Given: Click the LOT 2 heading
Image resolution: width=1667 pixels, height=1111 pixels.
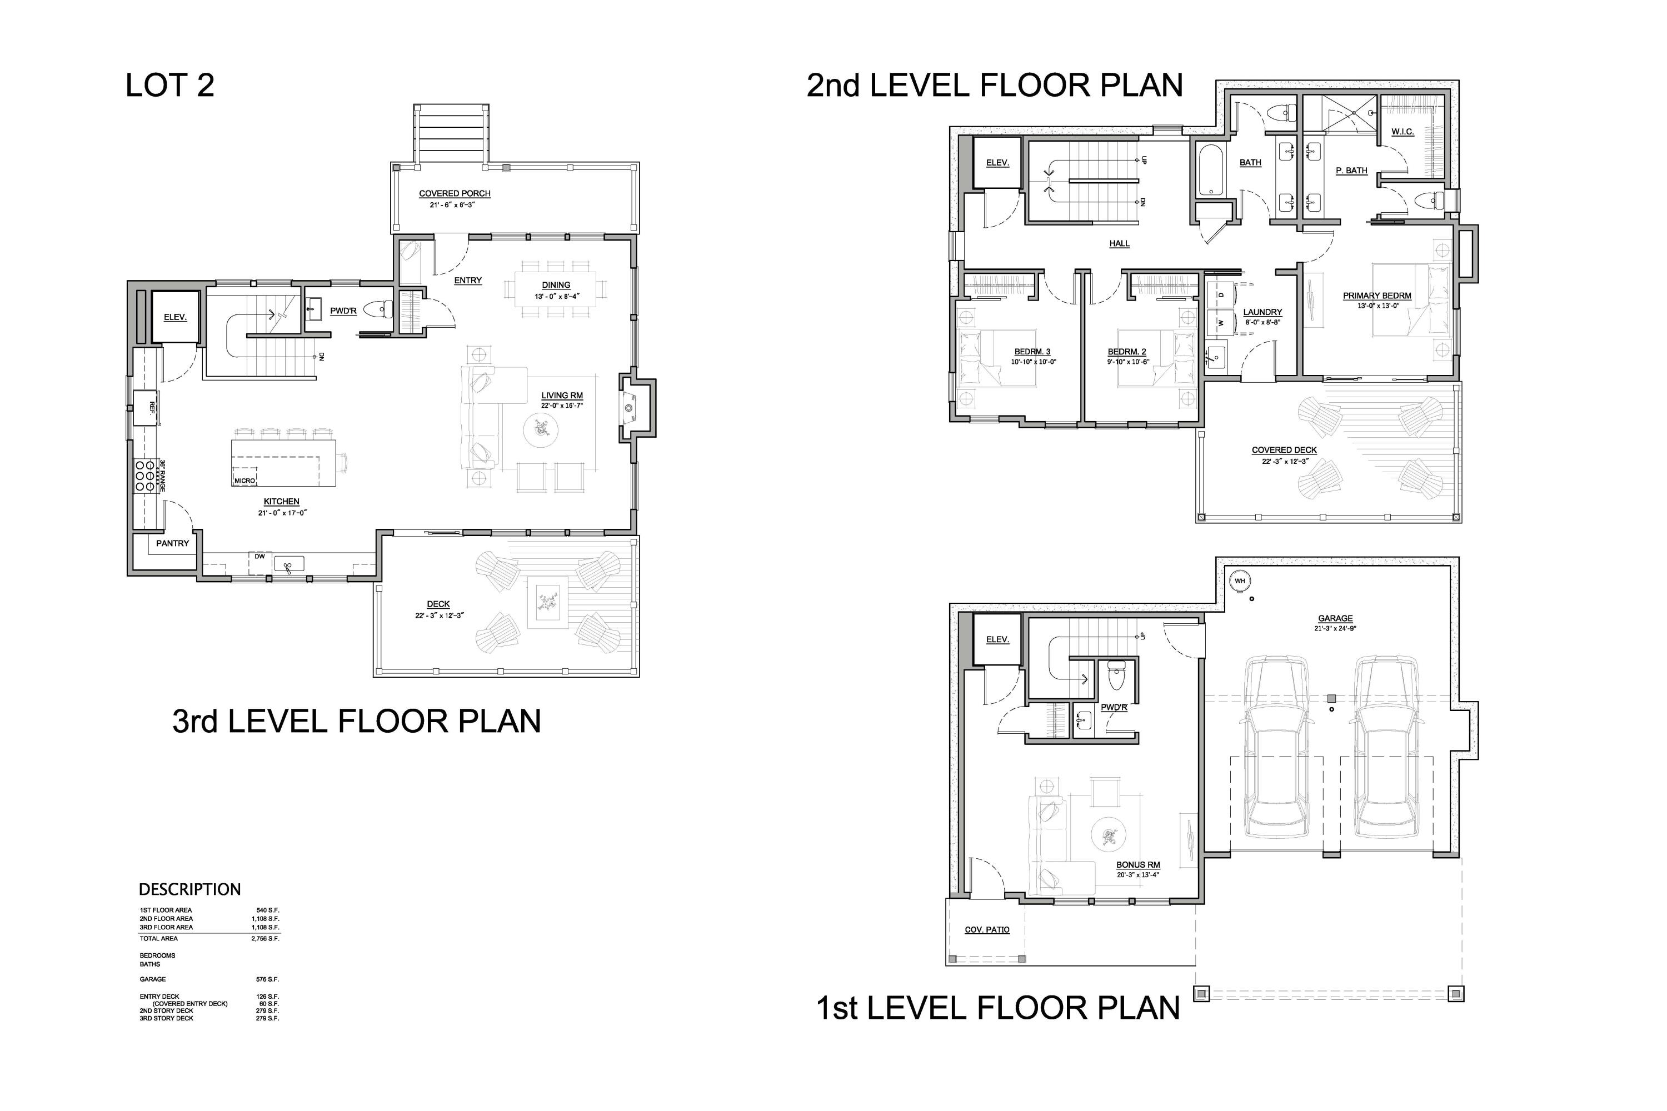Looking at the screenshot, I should click(x=169, y=86).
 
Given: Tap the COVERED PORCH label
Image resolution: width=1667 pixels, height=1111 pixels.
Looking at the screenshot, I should click(x=455, y=193).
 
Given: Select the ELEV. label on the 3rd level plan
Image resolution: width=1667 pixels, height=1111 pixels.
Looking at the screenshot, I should click(x=175, y=317).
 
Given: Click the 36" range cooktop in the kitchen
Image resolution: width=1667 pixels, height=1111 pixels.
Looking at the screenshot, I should click(x=144, y=476).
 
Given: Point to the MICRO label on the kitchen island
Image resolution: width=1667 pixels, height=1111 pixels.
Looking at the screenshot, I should click(x=244, y=481).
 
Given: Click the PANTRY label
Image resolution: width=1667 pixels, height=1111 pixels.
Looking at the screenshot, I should click(x=172, y=543).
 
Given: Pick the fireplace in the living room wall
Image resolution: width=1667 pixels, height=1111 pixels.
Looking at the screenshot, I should click(x=628, y=408).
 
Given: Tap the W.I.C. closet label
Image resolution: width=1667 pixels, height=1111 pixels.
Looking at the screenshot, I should click(x=1402, y=132).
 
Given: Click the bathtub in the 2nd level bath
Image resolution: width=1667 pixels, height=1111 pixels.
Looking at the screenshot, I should click(x=1210, y=170).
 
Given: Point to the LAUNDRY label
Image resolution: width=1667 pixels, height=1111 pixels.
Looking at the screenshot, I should click(x=1262, y=312).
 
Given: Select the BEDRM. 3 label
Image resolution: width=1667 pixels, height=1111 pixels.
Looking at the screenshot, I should click(x=1032, y=352).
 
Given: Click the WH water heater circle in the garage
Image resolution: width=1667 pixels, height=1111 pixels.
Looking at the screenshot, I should click(x=1240, y=581).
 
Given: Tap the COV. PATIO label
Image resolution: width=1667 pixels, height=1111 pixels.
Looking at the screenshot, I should click(x=987, y=929).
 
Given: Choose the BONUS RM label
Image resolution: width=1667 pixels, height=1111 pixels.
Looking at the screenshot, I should click(x=1137, y=864).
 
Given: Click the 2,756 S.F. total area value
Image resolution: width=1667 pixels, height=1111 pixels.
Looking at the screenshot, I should click(x=266, y=938).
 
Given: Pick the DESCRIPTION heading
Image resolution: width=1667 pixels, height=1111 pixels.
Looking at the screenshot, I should click(x=189, y=889).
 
